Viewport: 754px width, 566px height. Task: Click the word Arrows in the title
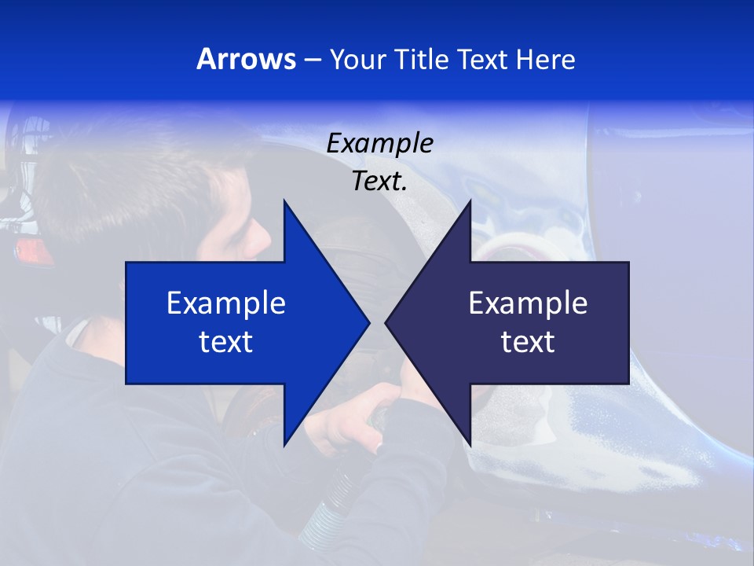pyautogui.click(x=247, y=59)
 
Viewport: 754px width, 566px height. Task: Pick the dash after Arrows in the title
pyautogui.click(x=312, y=60)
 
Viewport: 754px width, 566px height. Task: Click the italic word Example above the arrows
pyautogui.click(x=379, y=143)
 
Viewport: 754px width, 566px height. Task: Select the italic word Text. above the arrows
pyautogui.click(x=379, y=181)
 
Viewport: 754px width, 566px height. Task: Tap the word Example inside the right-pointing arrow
pyautogui.click(x=226, y=303)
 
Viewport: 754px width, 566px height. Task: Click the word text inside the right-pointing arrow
pyautogui.click(x=226, y=342)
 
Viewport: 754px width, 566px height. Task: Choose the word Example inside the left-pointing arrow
pyautogui.click(x=528, y=303)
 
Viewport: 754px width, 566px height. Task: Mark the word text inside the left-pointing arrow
pyautogui.click(x=528, y=342)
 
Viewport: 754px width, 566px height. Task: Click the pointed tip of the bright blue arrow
pyautogui.click(x=368, y=322)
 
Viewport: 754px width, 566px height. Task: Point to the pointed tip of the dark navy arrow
pyautogui.click(x=386, y=322)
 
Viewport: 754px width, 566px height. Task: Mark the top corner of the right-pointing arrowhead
pyautogui.click(x=284, y=201)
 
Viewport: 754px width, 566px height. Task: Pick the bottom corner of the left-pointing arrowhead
pyautogui.click(x=470, y=445)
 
